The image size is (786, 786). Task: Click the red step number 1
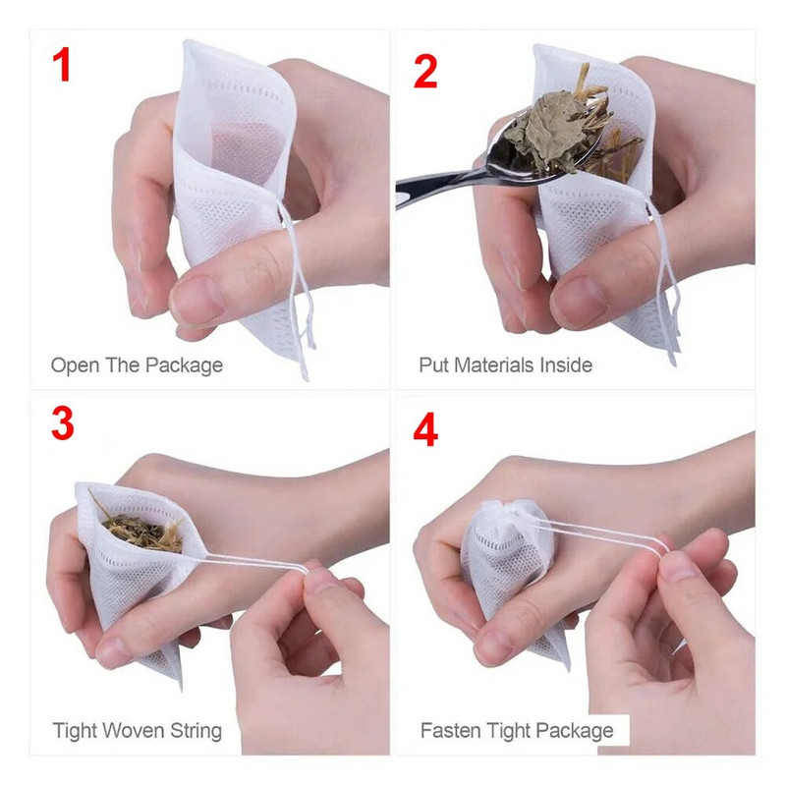click(x=62, y=67)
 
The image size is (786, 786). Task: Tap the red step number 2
click(x=424, y=71)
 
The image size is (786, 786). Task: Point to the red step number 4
click(x=424, y=429)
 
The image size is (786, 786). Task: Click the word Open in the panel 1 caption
click(x=75, y=365)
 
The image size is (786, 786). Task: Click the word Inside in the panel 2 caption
click(x=565, y=365)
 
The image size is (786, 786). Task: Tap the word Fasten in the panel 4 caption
click(x=449, y=731)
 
